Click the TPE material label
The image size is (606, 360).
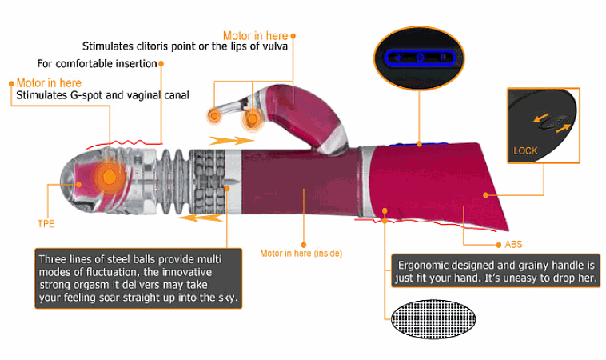46,224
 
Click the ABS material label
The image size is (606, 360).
513,244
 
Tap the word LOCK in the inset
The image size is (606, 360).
525,151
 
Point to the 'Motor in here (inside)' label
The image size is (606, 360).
301,254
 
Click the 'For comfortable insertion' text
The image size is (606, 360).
97,63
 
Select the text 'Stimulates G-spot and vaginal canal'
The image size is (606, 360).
102,95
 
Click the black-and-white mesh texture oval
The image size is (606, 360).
433,319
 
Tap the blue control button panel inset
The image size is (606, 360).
420,58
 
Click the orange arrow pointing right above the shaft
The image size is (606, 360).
231,140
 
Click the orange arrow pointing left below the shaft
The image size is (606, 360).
201,218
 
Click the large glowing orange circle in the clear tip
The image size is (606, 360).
110,178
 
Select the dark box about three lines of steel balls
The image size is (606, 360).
138,278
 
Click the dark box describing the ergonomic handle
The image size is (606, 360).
496,270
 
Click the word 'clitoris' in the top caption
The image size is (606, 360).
152,46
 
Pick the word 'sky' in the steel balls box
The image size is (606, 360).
228,298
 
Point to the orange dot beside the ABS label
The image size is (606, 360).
499,245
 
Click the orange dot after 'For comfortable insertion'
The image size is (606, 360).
161,63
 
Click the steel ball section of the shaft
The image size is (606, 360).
209,182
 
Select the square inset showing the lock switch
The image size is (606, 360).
544,126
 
